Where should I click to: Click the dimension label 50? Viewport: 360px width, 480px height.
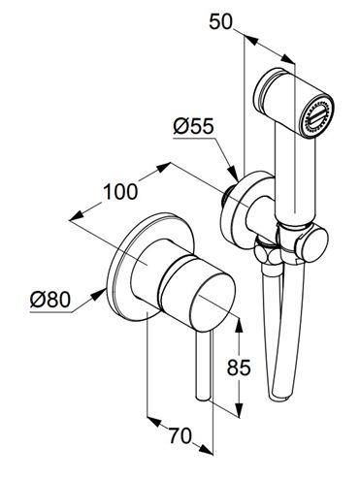click(x=220, y=22)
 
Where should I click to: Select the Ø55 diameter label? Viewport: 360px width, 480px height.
click(x=194, y=126)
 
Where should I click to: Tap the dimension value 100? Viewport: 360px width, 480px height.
click(x=120, y=192)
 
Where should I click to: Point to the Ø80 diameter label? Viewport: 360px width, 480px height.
click(x=50, y=300)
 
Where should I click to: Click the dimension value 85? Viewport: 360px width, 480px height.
click(x=239, y=368)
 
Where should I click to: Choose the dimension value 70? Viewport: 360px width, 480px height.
click(x=180, y=435)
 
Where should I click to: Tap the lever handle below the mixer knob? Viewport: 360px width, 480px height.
click(x=205, y=366)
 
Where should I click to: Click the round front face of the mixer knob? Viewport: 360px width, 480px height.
click(x=213, y=303)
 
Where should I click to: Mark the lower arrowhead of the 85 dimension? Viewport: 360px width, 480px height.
click(x=239, y=409)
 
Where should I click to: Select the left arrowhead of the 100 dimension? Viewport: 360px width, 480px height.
click(x=78, y=215)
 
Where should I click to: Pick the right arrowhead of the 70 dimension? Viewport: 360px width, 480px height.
click(x=205, y=448)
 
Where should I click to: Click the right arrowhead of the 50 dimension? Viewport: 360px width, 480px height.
click(x=288, y=59)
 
